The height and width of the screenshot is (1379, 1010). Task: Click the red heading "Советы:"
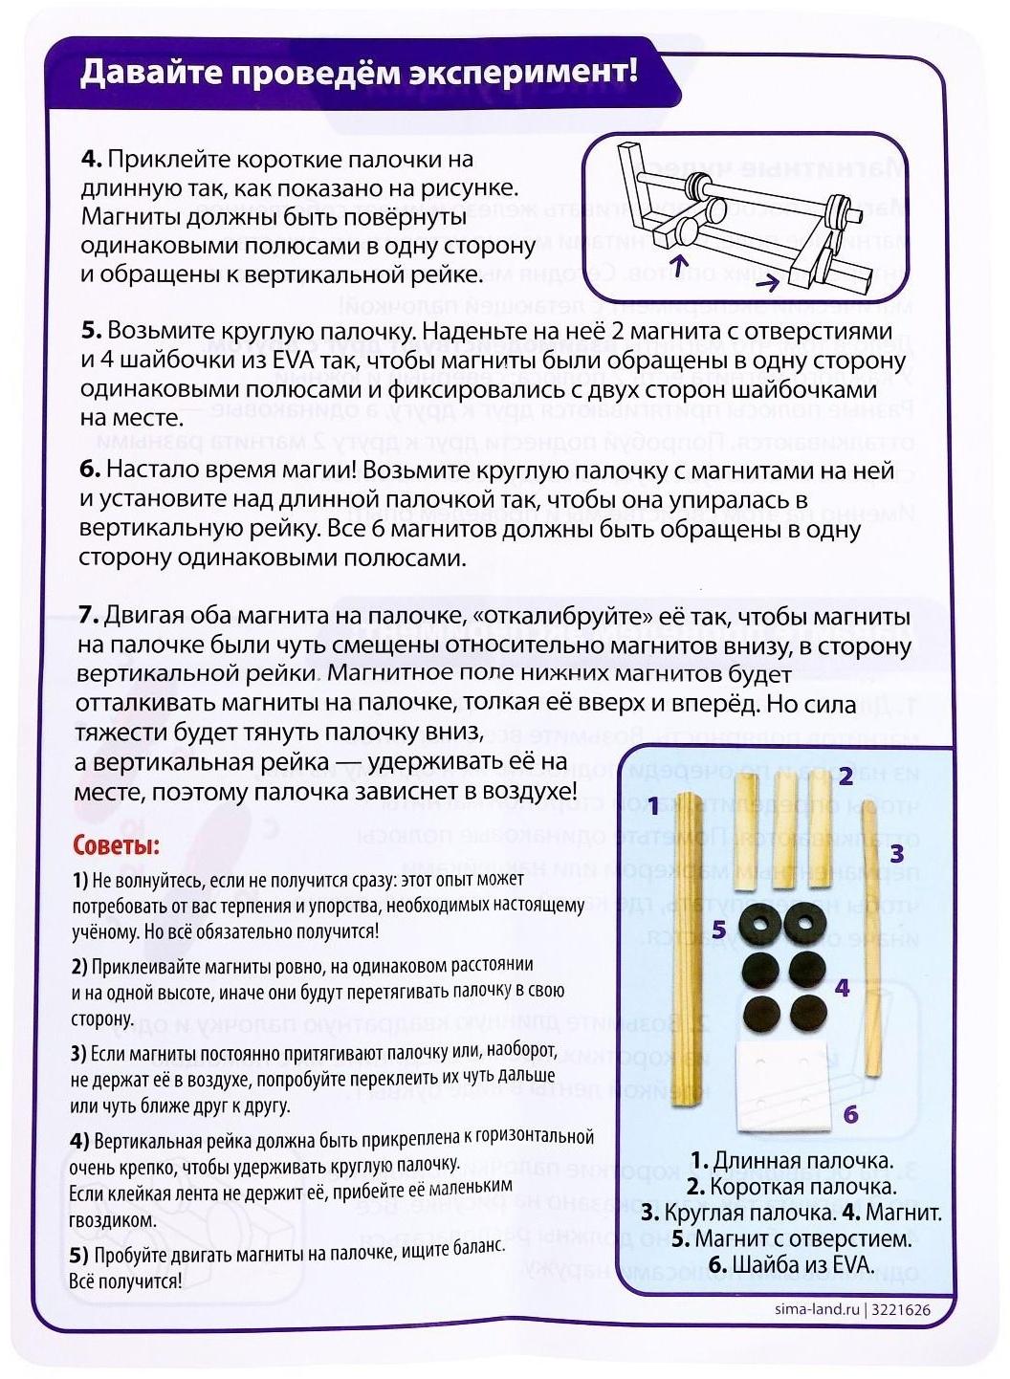117,845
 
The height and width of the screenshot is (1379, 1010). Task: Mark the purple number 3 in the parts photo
896,853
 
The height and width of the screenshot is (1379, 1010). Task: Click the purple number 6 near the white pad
850,1114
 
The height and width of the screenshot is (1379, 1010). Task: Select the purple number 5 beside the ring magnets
719,929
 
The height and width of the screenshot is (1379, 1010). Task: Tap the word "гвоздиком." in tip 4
113,1221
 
